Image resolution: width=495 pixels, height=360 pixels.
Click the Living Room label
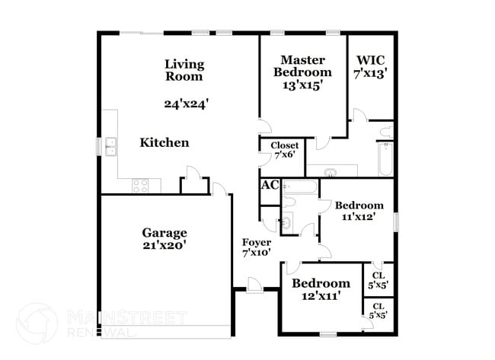click(184, 70)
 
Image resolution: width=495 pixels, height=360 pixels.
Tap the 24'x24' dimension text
click(187, 104)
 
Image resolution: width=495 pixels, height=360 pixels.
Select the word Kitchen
click(164, 142)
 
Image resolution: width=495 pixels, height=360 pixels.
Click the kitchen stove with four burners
click(140, 186)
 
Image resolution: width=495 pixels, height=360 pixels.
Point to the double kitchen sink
click(111, 147)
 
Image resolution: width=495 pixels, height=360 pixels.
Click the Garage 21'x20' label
click(164, 238)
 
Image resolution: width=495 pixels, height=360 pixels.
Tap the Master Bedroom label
click(302, 72)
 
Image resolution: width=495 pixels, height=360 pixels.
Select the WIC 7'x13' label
click(371, 66)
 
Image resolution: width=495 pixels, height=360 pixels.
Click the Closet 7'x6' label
click(285, 150)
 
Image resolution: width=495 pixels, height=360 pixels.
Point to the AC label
click(270, 185)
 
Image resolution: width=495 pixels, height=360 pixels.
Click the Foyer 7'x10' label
click(257, 247)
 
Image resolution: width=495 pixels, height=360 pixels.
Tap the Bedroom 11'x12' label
click(359, 211)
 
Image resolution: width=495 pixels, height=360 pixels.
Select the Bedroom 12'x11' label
click(321, 289)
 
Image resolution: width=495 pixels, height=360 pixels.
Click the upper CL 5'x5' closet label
click(378, 280)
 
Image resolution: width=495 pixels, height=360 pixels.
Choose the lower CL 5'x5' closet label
click(378, 311)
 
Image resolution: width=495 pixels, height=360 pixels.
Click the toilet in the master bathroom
click(387, 132)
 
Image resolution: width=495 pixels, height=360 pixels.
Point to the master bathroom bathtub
click(386, 159)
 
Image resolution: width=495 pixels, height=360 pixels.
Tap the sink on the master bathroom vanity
click(331, 173)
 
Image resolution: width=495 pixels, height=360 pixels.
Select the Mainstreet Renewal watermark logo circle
click(37, 323)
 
